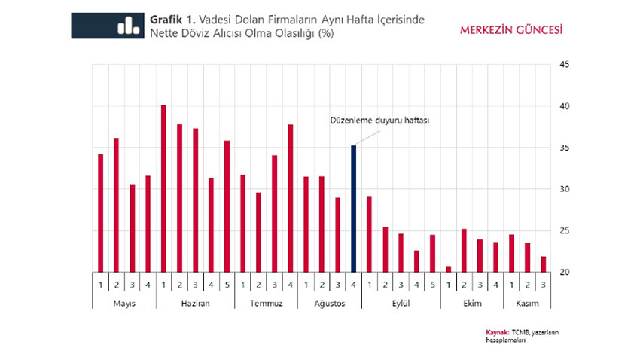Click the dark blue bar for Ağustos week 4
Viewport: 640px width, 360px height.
point(353,209)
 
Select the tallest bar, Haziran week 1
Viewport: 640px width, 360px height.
point(163,188)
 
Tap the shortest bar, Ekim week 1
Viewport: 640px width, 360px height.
point(448,269)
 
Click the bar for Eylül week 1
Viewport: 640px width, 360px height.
point(369,233)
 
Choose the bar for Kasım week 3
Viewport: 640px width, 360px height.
point(543,264)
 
